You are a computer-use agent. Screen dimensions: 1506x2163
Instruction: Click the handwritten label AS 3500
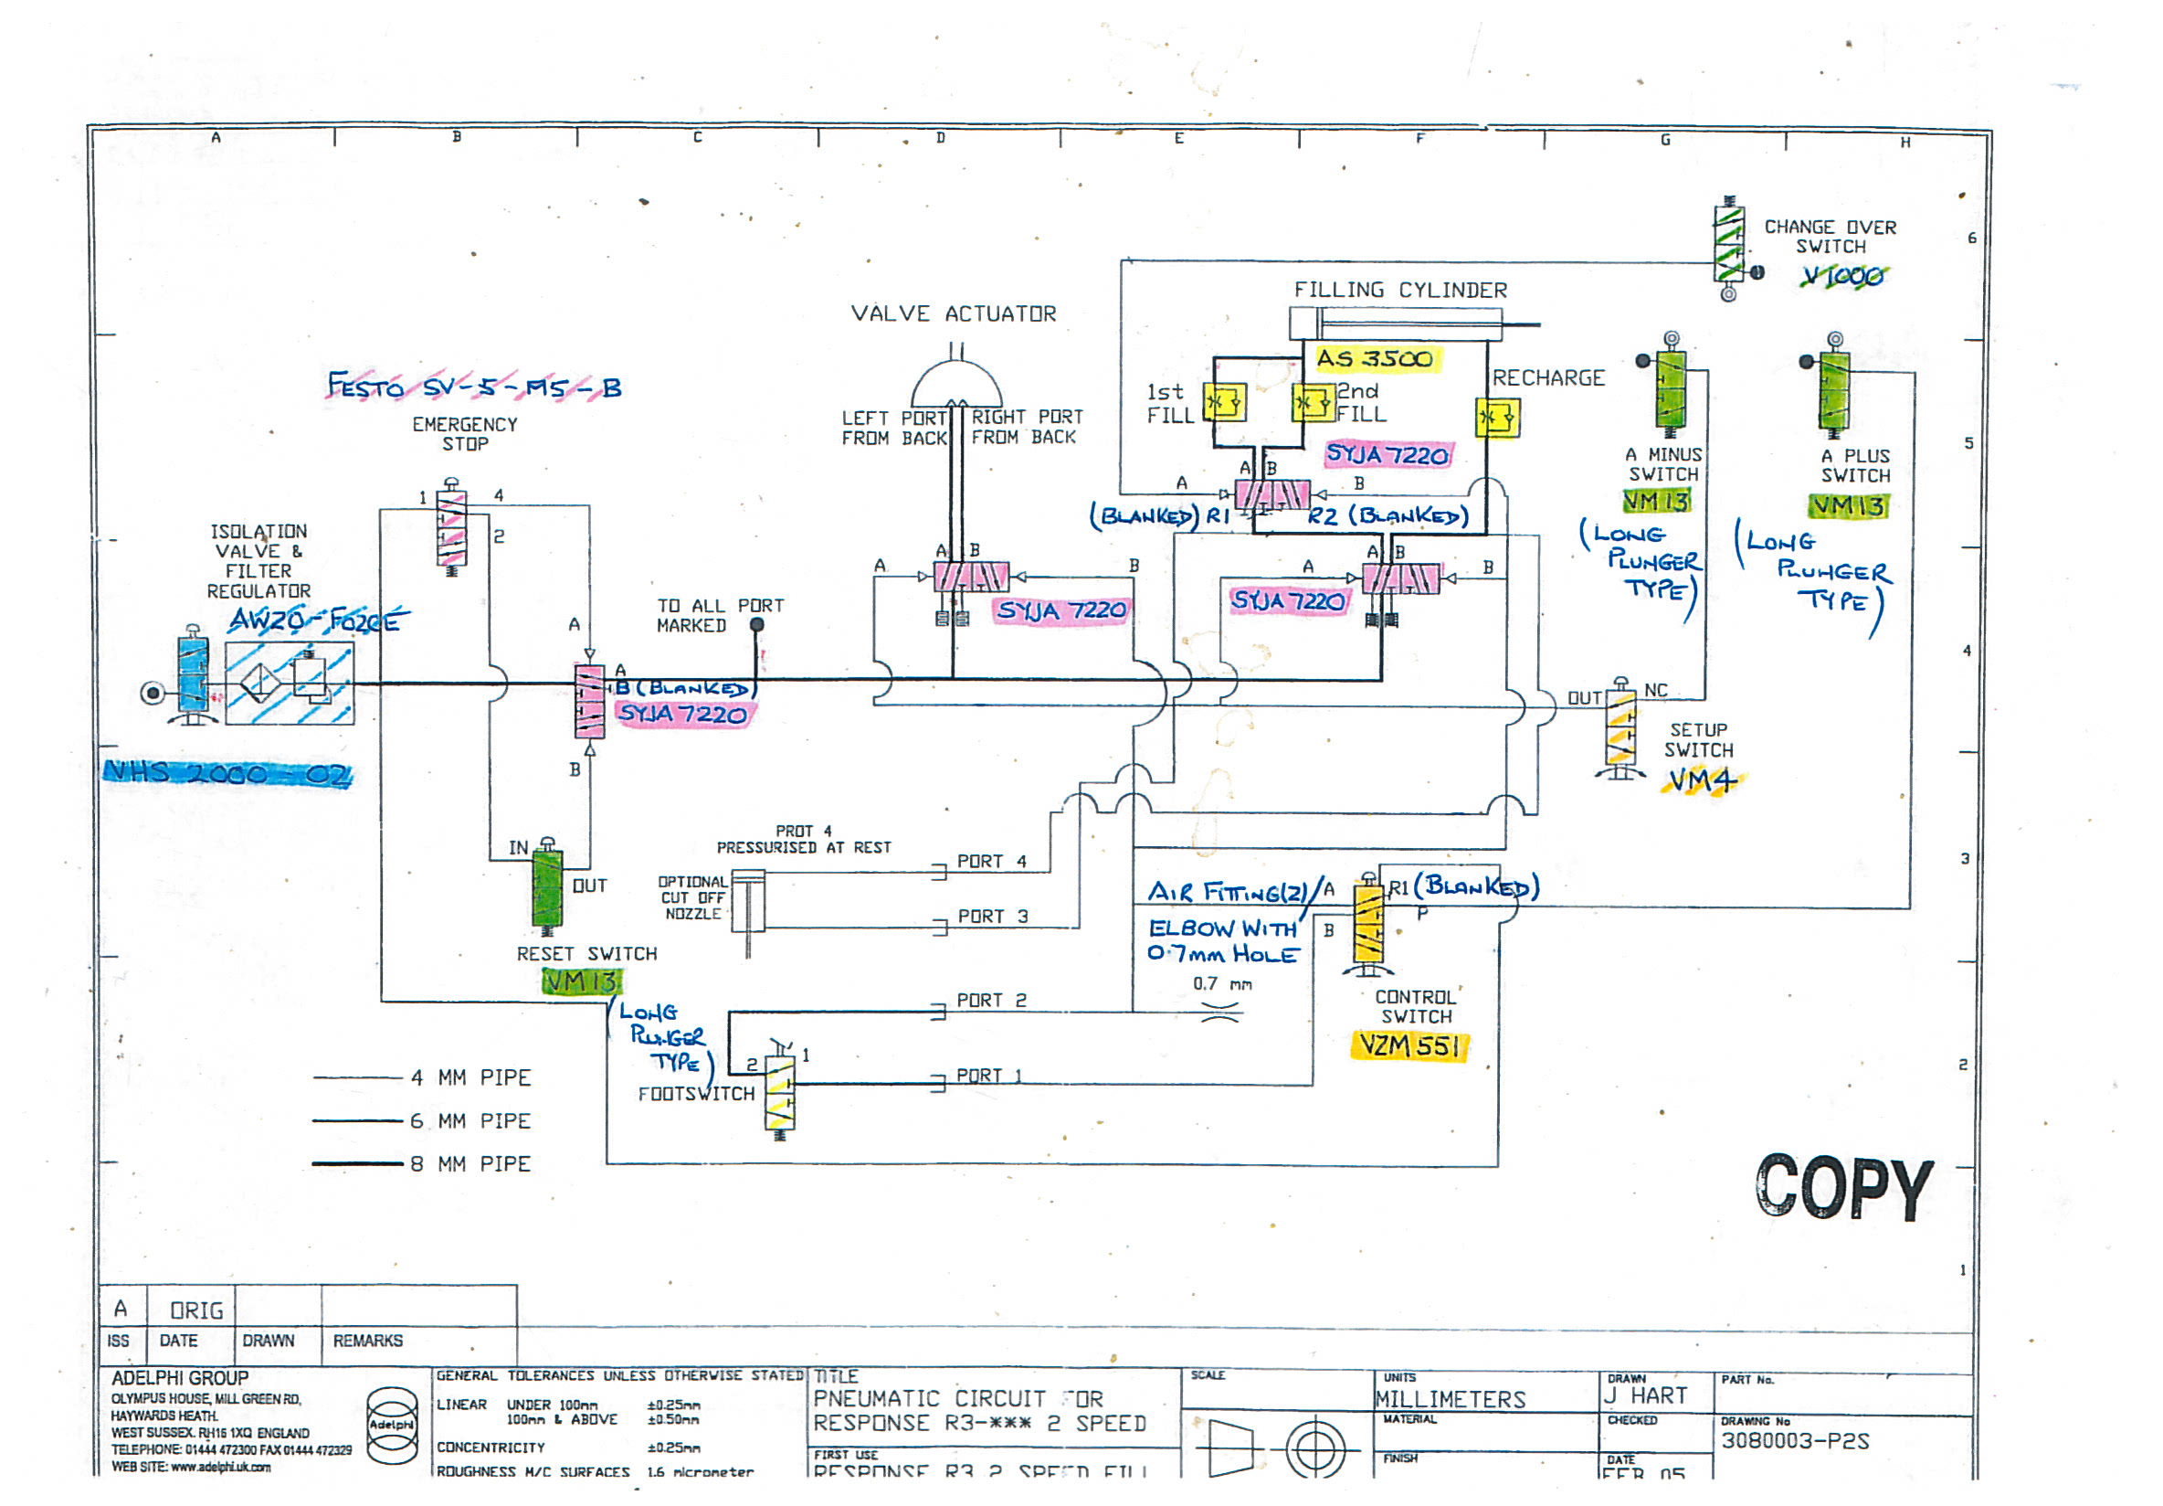click(1375, 359)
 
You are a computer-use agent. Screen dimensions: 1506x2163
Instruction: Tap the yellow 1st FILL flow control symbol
click(1225, 403)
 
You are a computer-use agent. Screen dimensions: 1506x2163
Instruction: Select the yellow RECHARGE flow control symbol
click(1497, 417)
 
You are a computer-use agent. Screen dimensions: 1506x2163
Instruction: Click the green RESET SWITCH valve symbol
click(547, 886)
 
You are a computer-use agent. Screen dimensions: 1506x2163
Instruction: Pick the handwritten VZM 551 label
click(1409, 1045)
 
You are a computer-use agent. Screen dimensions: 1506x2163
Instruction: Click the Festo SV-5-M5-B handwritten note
click(474, 387)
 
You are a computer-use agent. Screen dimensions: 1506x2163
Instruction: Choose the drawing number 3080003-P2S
click(1795, 1440)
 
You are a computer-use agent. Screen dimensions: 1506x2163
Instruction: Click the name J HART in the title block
click(1645, 1395)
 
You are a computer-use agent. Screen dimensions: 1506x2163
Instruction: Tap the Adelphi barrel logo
click(391, 1424)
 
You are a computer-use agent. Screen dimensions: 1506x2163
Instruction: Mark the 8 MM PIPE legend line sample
click(358, 1164)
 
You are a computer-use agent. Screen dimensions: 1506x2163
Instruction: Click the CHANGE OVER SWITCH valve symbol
click(1728, 244)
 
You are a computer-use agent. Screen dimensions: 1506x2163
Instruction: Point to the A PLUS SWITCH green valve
click(1833, 390)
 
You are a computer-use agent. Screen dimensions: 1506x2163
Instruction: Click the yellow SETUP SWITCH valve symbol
click(1620, 728)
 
